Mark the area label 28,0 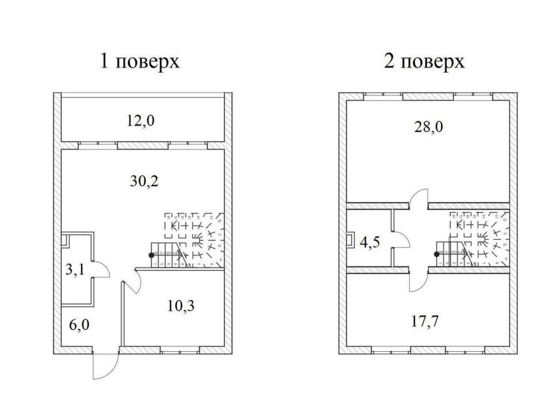click(428, 128)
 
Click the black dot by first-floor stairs click(151, 255)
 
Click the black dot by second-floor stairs click(436, 254)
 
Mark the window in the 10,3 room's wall click(180, 349)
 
